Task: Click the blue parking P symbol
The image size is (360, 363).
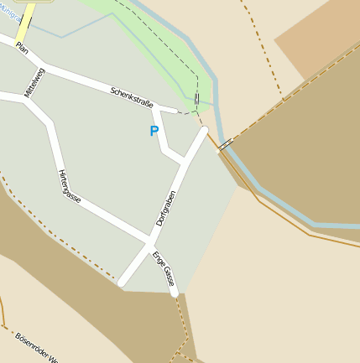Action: tap(154, 131)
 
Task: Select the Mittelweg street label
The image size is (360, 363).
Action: tap(35, 82)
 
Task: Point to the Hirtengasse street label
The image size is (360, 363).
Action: tap(70, 186)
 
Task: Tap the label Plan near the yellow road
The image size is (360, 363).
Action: tap(22, 49)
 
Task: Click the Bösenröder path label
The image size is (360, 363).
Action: tap(34, 347)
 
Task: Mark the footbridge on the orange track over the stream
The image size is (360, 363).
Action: tap(225, 144)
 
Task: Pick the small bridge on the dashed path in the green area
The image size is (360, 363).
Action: tap(196, 99)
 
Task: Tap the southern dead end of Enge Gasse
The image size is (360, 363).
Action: tap(174, 293)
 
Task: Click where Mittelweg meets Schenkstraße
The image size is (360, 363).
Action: tap(44, 66)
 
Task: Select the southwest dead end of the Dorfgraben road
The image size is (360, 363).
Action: tap(123, 283)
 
